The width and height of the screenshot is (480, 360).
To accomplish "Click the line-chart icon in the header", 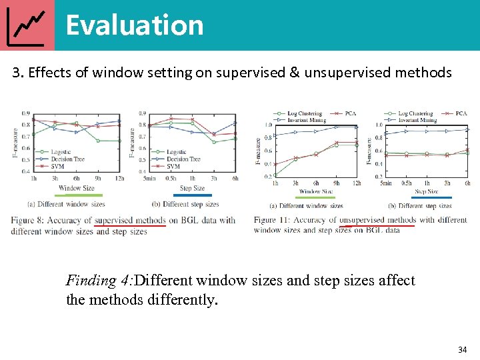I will coord(27,25).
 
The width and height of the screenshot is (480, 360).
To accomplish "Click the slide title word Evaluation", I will coord(134,25).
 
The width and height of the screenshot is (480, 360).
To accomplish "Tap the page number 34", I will coord(463,349).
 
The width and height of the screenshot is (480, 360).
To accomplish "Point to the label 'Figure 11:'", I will coord(273,220).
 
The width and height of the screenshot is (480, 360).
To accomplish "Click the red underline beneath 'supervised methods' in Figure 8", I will coord(130,226).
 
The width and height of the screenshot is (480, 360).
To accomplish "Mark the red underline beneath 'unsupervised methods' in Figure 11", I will coord(377,226).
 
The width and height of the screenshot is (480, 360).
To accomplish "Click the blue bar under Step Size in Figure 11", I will coord(431,197).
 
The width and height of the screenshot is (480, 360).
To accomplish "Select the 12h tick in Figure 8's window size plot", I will coord(119,179).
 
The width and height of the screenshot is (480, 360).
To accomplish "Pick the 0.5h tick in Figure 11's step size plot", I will coord(407,183).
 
